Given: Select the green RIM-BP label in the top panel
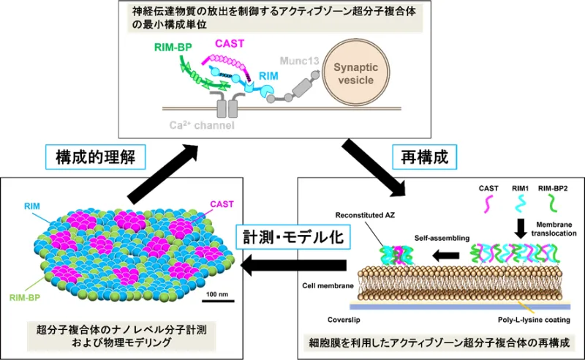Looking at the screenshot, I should pyautogui.click(x=173, y=48).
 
